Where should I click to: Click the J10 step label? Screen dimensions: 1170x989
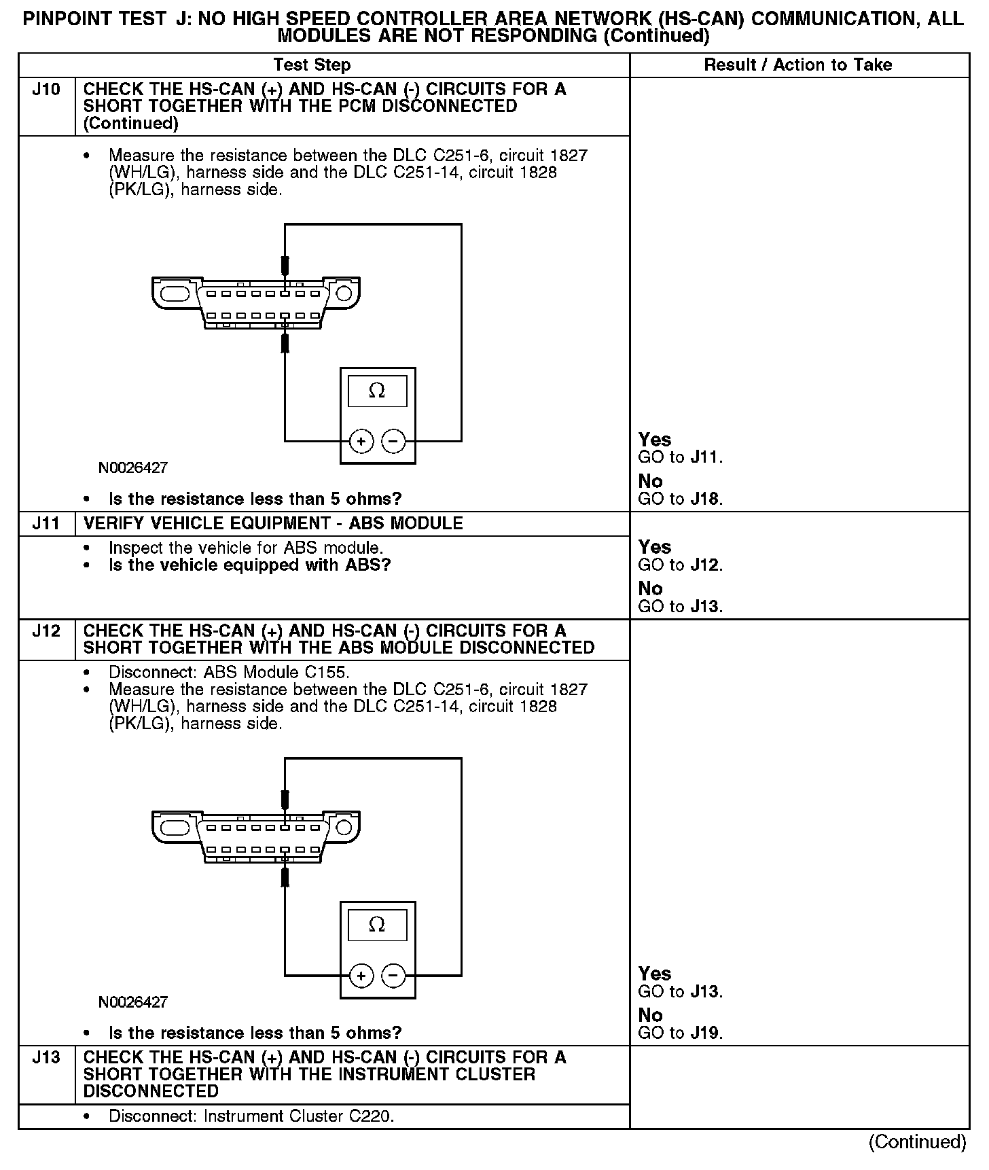(x=46, y=90)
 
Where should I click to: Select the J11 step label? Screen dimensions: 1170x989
(x=46, y=524)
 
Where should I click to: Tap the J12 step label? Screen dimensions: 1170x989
(x=46, y=631)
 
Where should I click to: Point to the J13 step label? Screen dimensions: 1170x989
(x=46, y=1058)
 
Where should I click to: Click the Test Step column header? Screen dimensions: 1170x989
(x=312, y=65)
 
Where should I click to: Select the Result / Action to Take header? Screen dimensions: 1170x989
(x=797, y=65)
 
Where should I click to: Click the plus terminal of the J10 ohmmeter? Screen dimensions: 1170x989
(x=361, y=442)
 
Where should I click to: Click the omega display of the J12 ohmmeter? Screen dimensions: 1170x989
(x=377, y=925)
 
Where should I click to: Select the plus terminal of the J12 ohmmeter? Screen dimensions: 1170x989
(x=361, y=976)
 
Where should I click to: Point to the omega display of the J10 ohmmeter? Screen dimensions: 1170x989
(x=377, y=391)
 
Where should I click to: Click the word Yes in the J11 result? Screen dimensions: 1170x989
(x=655, y=548)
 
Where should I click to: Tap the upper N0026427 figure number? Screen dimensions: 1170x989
(x=133, y=468)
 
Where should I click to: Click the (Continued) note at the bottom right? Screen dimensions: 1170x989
(x=917, y=1142)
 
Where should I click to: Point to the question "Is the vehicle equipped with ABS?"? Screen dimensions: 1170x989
(x=250, y=565)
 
